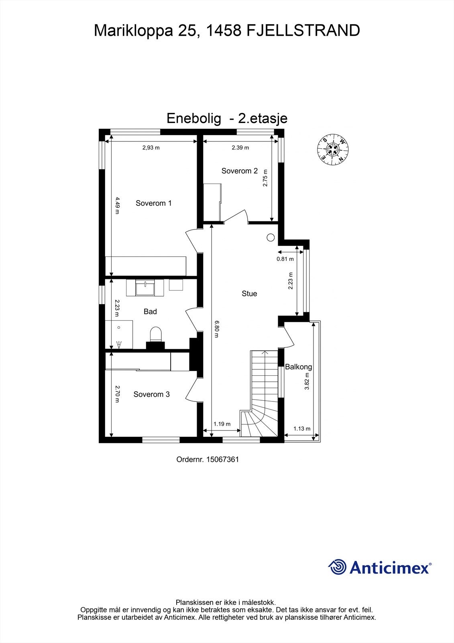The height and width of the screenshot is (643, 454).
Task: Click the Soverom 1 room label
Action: point(153,203)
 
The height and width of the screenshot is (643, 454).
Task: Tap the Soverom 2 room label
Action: point(239,171)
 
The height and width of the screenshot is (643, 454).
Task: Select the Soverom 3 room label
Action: point(151,394)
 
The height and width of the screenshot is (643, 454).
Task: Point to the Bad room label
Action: point(150,311)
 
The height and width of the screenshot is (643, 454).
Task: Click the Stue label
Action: point(249,294)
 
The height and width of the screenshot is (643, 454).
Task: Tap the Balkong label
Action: point(298,367)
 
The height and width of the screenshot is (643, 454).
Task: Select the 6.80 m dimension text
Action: point(217,329)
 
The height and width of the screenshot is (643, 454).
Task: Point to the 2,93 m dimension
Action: point(151,147)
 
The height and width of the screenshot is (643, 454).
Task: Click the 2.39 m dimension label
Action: point(240,147)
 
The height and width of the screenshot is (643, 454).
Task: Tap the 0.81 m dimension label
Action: point(285,259)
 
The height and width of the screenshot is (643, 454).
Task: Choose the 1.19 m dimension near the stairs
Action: point(222,424)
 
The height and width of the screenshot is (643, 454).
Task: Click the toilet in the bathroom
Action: point(155,334)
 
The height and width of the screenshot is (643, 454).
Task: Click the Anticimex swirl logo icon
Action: point(337,567)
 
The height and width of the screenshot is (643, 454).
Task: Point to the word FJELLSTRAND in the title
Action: point(303,31)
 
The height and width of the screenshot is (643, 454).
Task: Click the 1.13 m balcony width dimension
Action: point(301,428)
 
